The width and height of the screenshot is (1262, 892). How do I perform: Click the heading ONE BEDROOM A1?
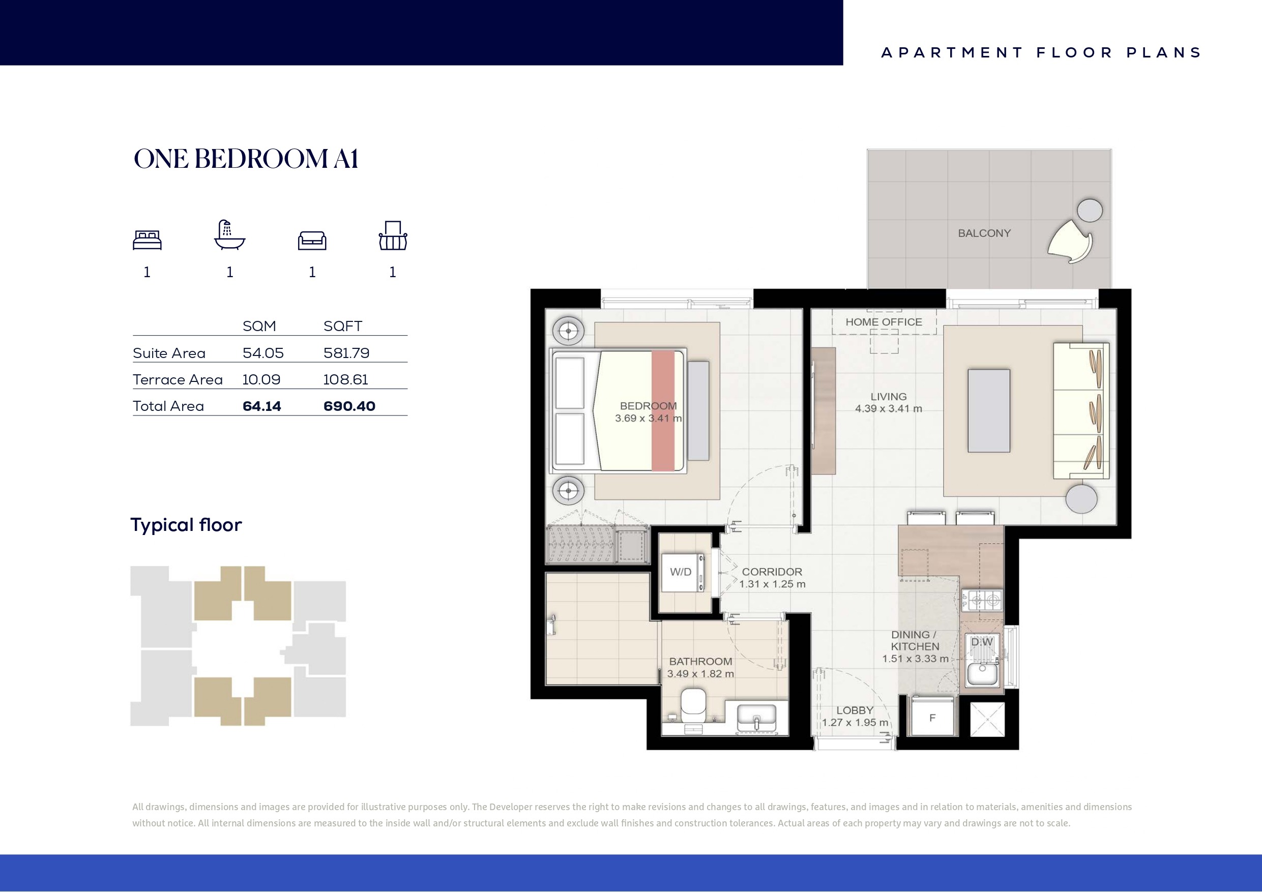pyautogui.click(x=246, y=159)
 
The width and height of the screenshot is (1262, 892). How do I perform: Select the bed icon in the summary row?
pyautogui.click(x=148, y=240)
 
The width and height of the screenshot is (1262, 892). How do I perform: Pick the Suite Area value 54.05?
pyautogui.click(x=263, y=353)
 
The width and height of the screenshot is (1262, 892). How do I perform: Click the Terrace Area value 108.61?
pyautogui.click(x=346, y=379)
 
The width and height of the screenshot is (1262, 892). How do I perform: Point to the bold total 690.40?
pyautogui.click(x=349, y=406)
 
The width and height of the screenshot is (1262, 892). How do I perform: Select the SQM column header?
pyautogui.click(x=259, y=326)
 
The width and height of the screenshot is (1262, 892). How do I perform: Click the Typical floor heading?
pyautogui.click(x=186, y=525)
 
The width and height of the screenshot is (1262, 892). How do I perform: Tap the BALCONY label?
pyautogui.click(x=984, y=233)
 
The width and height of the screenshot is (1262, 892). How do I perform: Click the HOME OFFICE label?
pyautogui.click(x=884, y=322)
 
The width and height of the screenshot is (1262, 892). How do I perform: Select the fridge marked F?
pyautogui.click(x=932, y=716)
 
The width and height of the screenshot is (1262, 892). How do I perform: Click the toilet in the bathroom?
pyautogui.click(x=693, y=705)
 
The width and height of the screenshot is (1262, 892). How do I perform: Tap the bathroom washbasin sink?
pyautogui.click(x=756, y=717)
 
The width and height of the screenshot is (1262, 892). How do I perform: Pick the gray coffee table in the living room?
pyautogui.click(x=989, y=410)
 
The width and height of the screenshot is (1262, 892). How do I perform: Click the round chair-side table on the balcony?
pyautogui.click(x=1090, y=210)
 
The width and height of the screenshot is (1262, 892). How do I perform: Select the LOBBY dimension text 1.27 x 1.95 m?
pyautogui.click(x=855, y=723)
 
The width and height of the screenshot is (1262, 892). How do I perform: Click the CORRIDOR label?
pyautogui.click(x=772, y=572)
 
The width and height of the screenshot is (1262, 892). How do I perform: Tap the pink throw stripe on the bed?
pyautogui.click(x=663, y=410)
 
